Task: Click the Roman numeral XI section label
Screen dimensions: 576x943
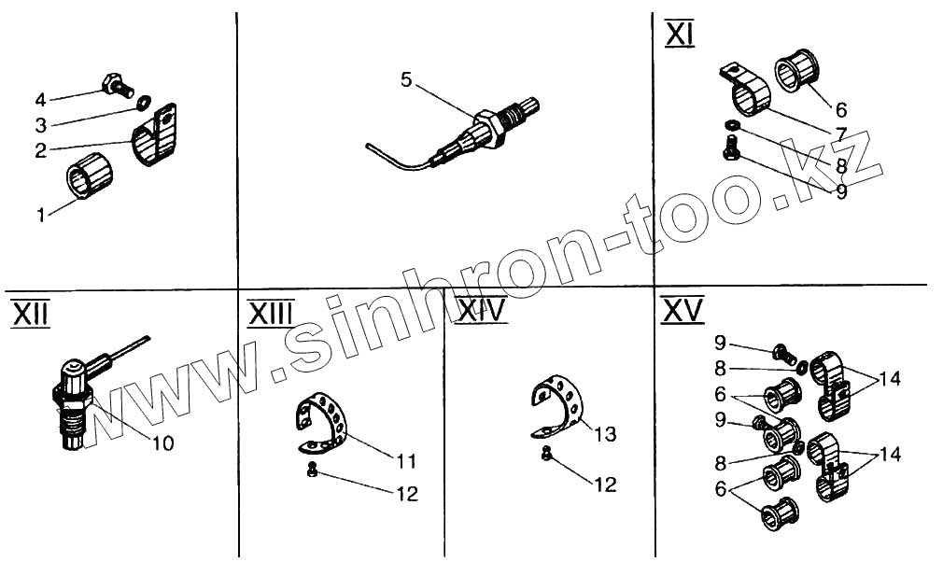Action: (678, 35)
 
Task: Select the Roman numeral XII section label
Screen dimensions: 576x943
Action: (29, 314)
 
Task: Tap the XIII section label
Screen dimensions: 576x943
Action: (271, 314)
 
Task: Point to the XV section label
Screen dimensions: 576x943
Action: (683, 311)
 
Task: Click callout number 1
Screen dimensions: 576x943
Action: (41, 216)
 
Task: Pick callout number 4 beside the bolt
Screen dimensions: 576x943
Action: (40, 99)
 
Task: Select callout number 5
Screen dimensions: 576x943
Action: (406, 79)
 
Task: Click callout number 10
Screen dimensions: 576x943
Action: (162, 443)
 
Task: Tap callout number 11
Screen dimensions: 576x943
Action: (405, 460)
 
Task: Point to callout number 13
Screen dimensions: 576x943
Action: (606, 434)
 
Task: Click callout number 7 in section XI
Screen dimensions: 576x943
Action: (841, 134)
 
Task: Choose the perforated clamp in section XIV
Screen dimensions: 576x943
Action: (560, 404)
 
